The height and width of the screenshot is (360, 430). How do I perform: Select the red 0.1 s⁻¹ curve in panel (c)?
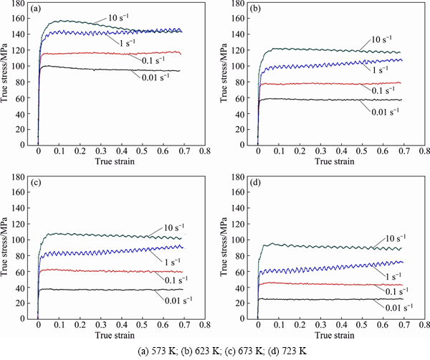coord(107,271)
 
